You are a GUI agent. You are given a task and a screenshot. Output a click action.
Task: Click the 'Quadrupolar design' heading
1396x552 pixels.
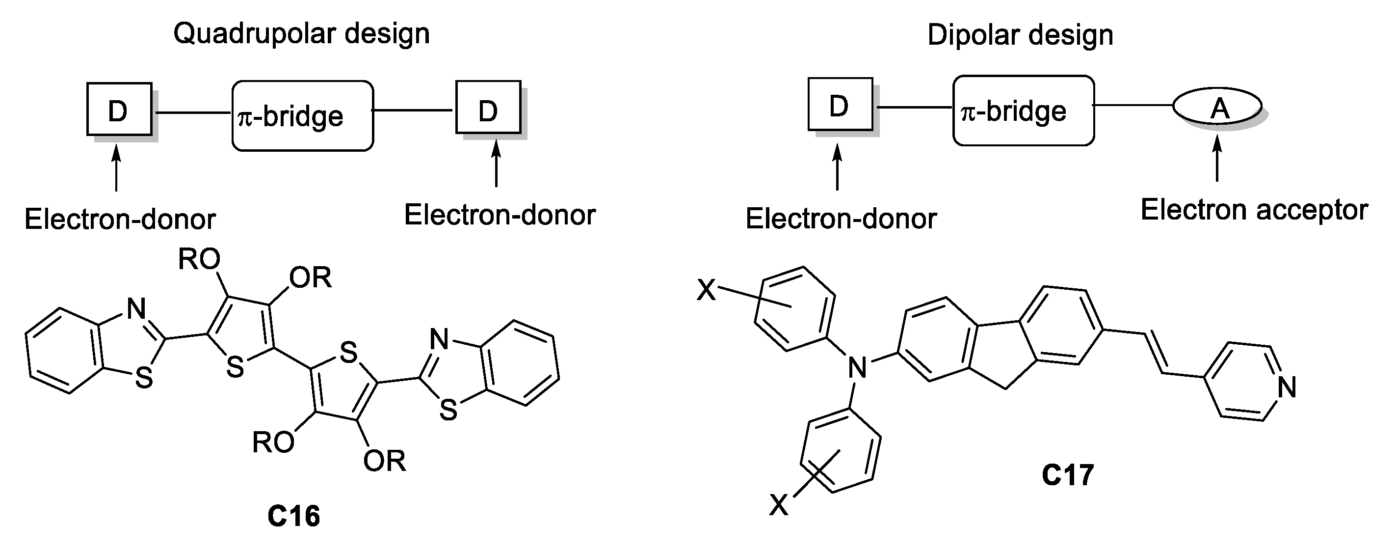(301, 33)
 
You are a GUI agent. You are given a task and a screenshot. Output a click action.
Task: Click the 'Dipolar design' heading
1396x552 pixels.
(1020, 35)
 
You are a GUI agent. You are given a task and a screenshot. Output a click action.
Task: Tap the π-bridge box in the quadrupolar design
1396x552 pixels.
(302, 115)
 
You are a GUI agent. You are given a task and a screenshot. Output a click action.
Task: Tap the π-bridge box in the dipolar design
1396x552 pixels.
(1023, 110)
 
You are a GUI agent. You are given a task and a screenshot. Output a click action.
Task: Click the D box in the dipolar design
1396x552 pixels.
(840, 105)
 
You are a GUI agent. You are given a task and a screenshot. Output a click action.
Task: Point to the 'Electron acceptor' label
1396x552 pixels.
(1254, 209)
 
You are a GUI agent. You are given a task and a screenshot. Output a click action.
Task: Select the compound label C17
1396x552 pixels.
(1067, 475)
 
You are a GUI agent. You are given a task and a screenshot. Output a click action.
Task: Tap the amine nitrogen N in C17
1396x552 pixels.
(857, 368)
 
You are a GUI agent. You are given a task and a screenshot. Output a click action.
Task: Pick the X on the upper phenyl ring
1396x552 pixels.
(707, 290)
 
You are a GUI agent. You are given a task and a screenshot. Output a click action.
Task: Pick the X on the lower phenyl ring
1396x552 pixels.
(779, 505)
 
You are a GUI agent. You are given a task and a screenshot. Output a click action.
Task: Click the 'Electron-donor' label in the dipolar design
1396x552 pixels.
(841, 219)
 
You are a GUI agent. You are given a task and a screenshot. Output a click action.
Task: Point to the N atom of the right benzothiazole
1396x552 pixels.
(439, 339)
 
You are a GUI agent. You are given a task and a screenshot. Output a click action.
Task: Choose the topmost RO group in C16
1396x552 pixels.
(199, 259)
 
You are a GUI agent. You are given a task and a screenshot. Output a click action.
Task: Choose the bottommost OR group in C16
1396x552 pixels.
(384, 461)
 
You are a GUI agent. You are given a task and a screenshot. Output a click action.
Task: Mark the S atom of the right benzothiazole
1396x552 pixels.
(448, 410)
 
